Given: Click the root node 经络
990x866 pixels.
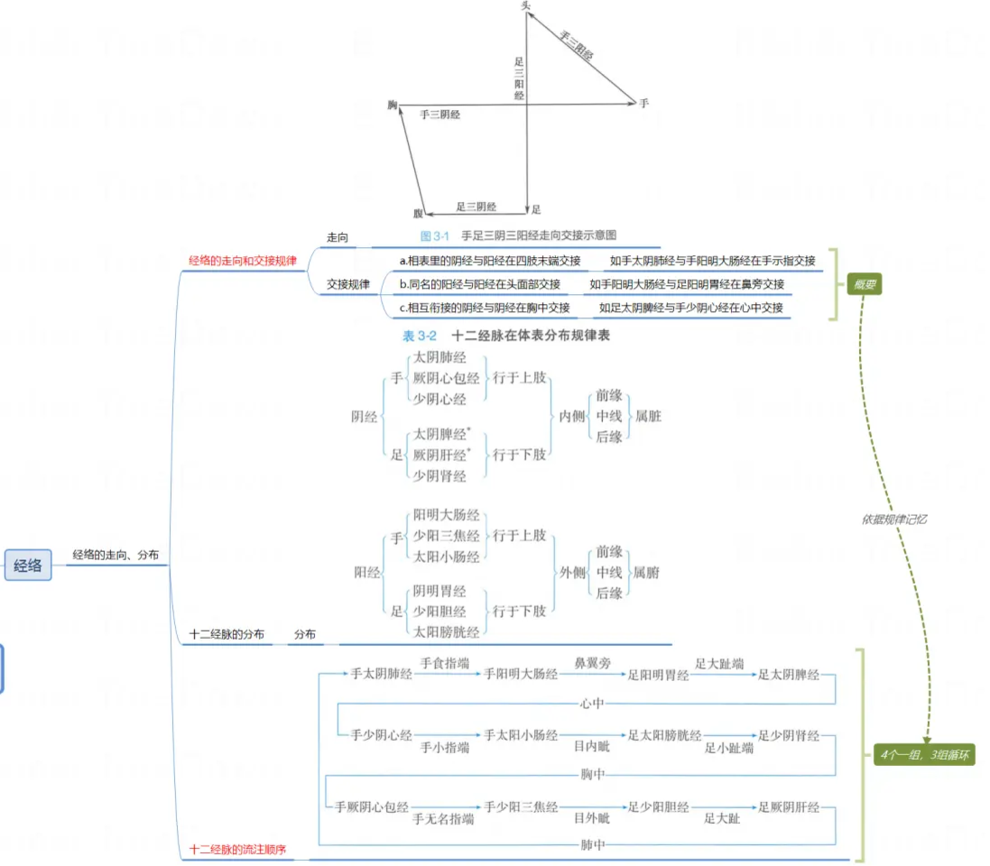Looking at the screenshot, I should point(28,566).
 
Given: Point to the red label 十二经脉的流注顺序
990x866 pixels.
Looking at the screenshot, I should point(238,849).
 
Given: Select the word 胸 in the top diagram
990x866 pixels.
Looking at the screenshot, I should point(393,106).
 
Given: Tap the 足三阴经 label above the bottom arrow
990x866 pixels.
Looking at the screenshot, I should point(476,207).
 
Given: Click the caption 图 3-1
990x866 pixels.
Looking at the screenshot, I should point(435,235).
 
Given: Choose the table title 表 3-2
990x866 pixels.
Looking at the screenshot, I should point(420,336).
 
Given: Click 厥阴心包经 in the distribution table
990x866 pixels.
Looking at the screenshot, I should point(447,378).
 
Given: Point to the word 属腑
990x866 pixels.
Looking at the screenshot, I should point(647,572).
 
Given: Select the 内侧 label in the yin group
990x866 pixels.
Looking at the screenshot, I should point(572,417).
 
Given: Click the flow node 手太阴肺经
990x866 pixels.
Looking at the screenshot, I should point(381,674).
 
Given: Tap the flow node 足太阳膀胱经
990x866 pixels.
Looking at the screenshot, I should point(664,735).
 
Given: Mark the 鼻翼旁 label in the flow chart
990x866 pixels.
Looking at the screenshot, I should point(593,663).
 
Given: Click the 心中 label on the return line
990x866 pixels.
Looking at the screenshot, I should point(593,703).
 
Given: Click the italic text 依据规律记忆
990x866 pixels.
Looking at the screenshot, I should point(894,519).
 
